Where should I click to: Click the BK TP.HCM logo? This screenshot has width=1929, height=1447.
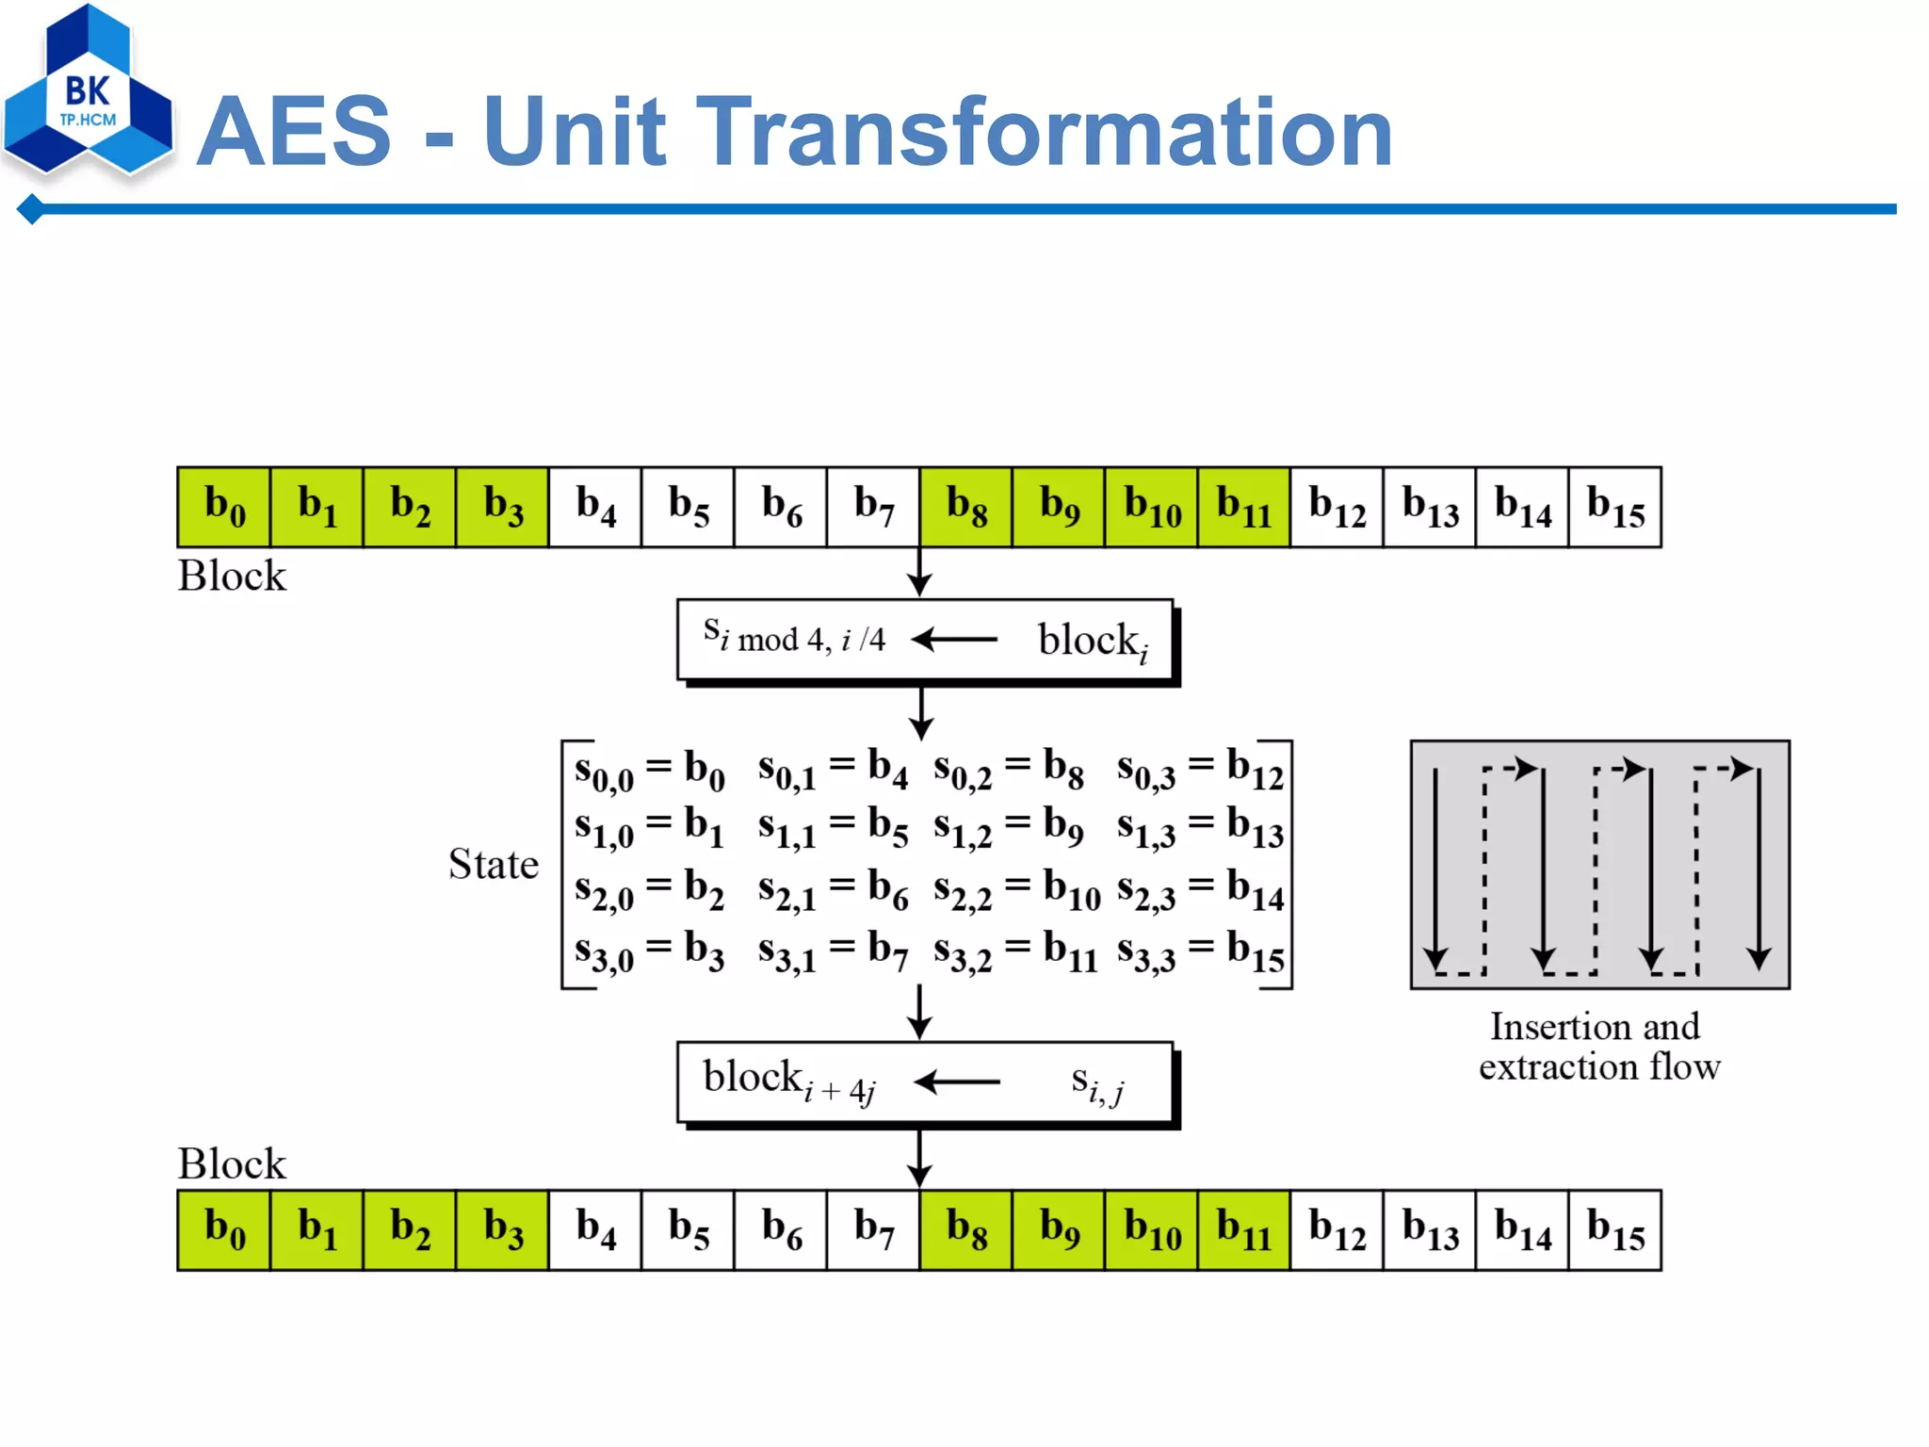[88, 94]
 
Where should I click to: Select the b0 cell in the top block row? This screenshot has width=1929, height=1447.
[224, 507]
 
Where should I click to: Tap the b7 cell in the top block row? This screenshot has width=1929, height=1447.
[873, 507]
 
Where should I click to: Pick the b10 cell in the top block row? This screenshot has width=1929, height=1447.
[1151, 507]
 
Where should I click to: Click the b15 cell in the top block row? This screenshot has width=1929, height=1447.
[1614, 507]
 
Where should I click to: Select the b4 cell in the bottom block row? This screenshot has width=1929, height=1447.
[595, 1229]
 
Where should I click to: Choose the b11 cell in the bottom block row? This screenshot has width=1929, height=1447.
[1243, 1229]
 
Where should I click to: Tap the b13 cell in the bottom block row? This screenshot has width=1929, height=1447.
[1429, 1229]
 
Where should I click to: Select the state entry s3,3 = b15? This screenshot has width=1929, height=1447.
[1200, 952]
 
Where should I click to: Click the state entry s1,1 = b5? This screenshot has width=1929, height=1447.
[833, 829]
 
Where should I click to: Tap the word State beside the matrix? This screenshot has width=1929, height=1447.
[494, 864]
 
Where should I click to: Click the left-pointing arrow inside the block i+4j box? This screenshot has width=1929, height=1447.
[957, 1081]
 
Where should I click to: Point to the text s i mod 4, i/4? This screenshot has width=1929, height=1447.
[794, 637]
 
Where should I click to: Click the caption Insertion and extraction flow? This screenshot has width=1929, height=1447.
[1598, 1047]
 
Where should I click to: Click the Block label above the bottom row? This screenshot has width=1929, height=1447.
[232, 1163]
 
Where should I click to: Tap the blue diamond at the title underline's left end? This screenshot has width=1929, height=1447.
[31, 209]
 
